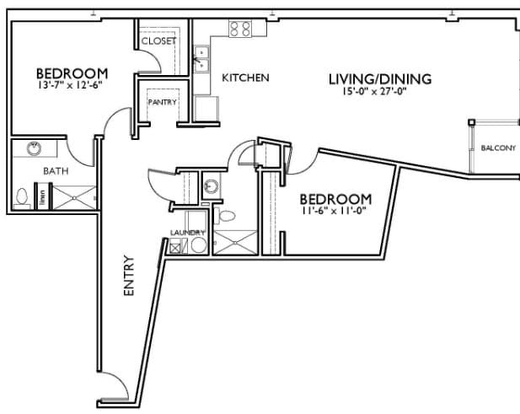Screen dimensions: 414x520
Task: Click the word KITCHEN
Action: click(x=245, y=78)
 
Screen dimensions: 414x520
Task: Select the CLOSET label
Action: click(x=158, y=40)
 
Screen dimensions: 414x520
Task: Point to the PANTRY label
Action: click(x=161, y=103)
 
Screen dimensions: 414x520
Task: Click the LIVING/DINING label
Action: click(x=379, y=79)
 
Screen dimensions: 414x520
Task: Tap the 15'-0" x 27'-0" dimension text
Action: click(x=379, y=94)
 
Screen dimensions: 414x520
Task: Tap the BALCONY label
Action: click(x=497, y=148)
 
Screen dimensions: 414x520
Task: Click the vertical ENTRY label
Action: click(x=129, y=275)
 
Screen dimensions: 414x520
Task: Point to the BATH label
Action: click(x=33, y=170)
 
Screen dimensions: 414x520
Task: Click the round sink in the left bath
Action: click(x=35, y=149)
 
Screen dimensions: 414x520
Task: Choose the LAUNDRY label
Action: click(x=187, y=233)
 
